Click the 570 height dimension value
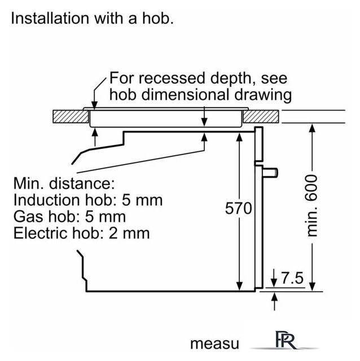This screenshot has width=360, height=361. pos(238,208)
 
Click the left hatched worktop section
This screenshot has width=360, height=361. pos(71,117)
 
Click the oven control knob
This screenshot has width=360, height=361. pos(272,170)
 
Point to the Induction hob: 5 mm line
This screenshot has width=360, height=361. pos(87,200)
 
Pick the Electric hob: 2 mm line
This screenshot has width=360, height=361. pos(81,232)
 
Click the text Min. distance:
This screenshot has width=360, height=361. pos(64,183)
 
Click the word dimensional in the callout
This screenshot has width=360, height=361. pos(191,94)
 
